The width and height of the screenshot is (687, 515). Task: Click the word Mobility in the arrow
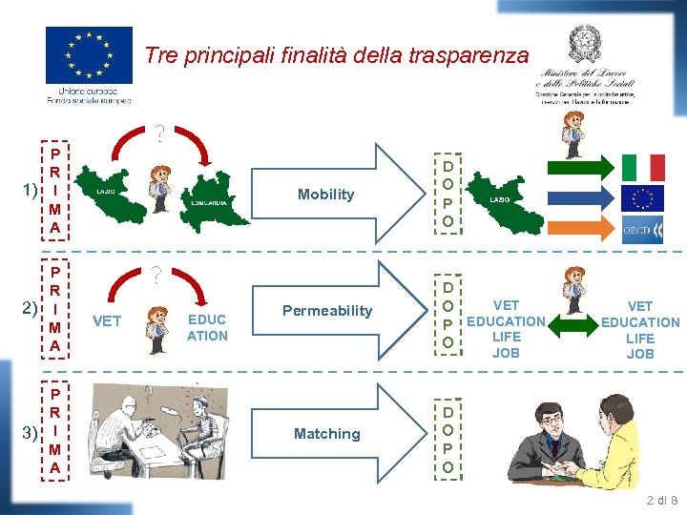point(325,195)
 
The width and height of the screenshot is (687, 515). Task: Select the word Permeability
point(327,311)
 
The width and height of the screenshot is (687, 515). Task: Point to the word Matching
point(327,434)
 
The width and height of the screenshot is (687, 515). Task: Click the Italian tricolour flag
point(642,168)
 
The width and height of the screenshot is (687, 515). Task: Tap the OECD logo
point(642,230)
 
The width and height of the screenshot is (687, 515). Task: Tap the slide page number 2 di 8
point(661,500)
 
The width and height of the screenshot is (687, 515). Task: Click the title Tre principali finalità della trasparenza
point(335,56)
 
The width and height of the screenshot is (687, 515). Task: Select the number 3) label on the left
point(30,432)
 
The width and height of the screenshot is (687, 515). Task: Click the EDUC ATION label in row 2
point(207,328)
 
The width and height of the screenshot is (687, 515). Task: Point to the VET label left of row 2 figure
point(107,321)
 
